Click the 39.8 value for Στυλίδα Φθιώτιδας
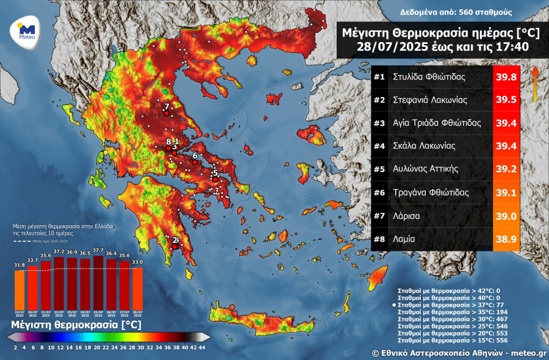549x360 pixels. (x=506, y=77)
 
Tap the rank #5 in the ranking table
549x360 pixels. (x=379, y=169)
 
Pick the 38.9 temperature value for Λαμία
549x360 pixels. (x=506, y=239)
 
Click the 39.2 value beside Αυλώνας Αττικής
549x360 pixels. (x=506, y=170)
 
